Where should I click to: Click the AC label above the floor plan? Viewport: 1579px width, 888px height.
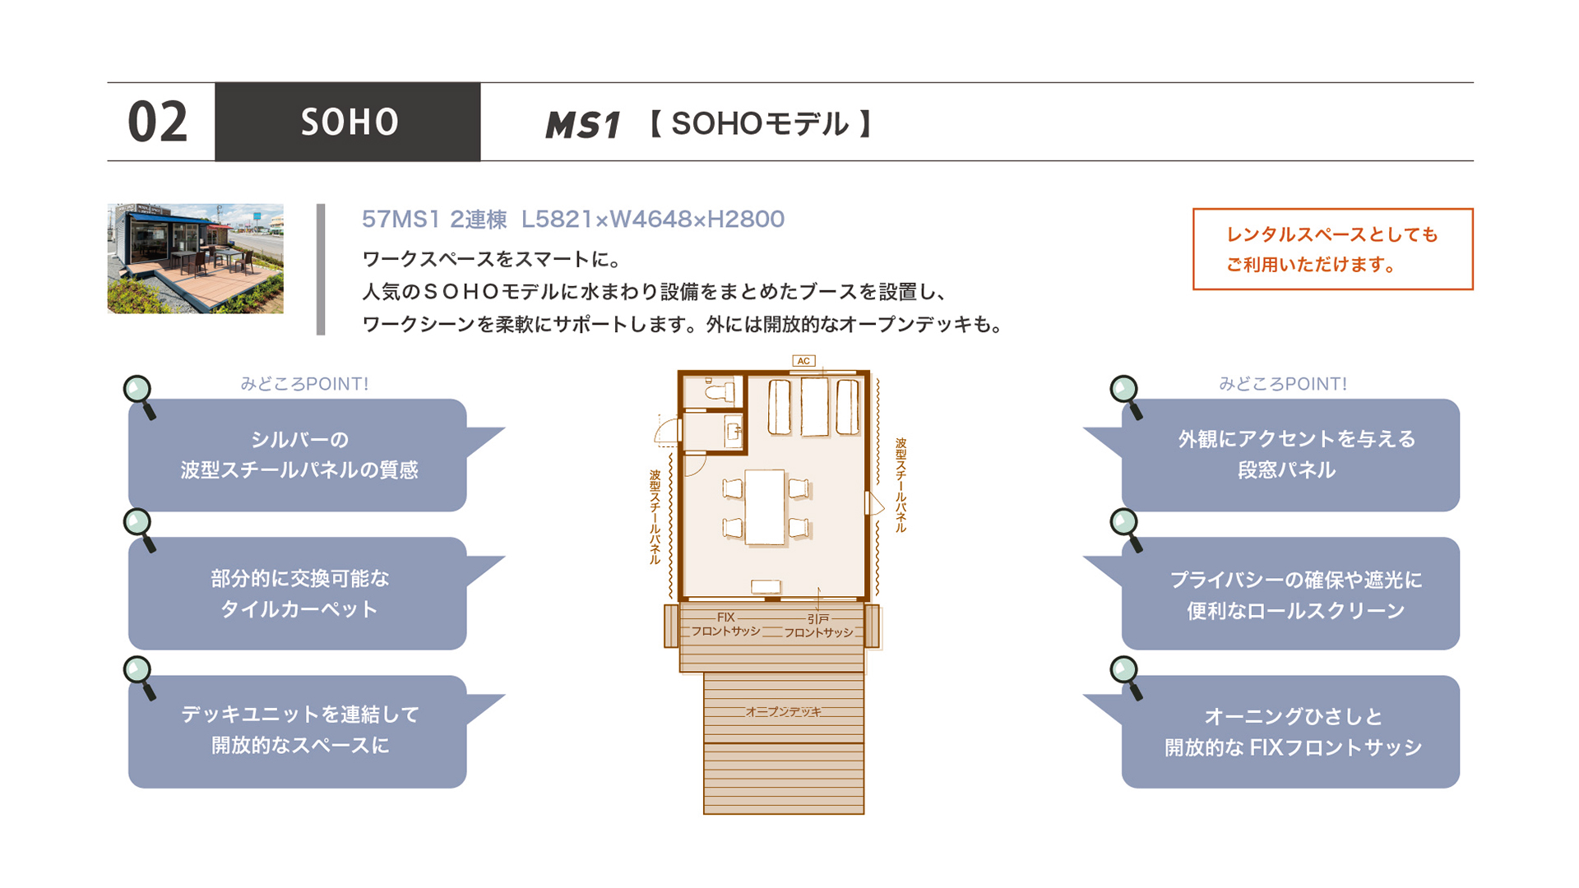[x=803, y=361]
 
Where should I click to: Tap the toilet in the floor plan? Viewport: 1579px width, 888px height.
[x=717, y=390]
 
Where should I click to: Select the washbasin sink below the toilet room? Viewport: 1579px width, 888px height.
[x=733, y=431]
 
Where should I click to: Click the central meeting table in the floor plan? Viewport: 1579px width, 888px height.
[x=765, y=506]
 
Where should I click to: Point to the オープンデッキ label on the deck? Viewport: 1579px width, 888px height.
[x=783, y=712]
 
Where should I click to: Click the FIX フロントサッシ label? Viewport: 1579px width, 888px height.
[x=725, y=625]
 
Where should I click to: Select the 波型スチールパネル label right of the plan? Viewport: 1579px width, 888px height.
[x=901, y=485]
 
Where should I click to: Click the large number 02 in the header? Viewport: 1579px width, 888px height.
[x=158, y=123]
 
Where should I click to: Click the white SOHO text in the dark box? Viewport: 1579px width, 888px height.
[x=350, y=123]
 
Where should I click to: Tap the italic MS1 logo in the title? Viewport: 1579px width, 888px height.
[x=582, y=124]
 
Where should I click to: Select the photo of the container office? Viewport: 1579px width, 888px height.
[x=196, y=259]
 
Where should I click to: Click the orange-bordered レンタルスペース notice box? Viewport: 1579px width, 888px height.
[x=1332, y=249]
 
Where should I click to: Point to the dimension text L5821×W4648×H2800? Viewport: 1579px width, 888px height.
[x=653, y=219]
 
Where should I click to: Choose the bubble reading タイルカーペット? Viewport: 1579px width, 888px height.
[x=298, y=594]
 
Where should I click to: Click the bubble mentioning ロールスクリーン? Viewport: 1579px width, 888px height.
[x=1290, y=594]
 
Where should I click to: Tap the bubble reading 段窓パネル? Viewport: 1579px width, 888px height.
[x=1290, y=455]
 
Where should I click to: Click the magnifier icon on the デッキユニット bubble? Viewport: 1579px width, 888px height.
[x=140, y=677]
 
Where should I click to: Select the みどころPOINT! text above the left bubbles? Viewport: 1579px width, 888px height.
[x=304, y=384]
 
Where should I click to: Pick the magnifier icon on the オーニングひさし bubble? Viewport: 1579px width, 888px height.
[x=1126, y=677]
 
